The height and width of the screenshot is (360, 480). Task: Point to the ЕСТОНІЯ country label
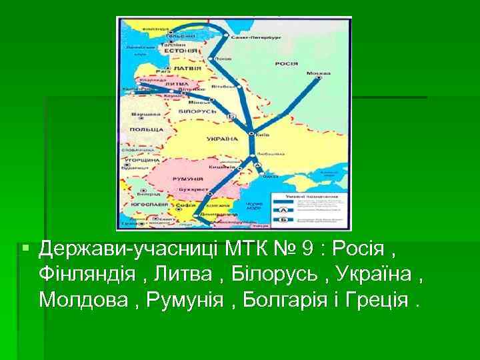coord(181,51)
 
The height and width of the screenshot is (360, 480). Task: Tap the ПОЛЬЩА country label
coord(147,128)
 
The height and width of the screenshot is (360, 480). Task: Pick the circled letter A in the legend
coord(283,208)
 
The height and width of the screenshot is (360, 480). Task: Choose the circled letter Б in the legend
coord(283,219)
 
